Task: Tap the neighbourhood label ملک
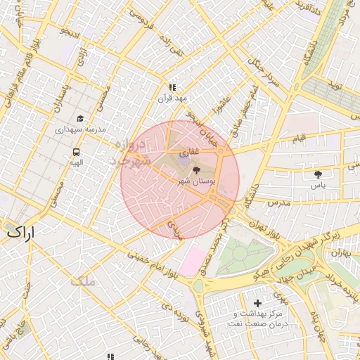pyautogui.click(x=83, y=281)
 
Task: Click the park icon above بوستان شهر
pyautogui.click(x=195, y=170)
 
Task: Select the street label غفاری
pyautogui.click(x=190, y=152)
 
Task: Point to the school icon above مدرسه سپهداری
pyautogui.click(x=80, y=119)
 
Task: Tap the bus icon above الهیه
pyautogui.click(x=76, y=151)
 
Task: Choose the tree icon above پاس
pyautogui.click(x=318, y=174)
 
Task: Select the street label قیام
pyautogui.click(x=300, y=139)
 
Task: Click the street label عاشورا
pyautogui.click(x=219, y=110)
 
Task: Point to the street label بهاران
pyautogui.click(x=341, y=251)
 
